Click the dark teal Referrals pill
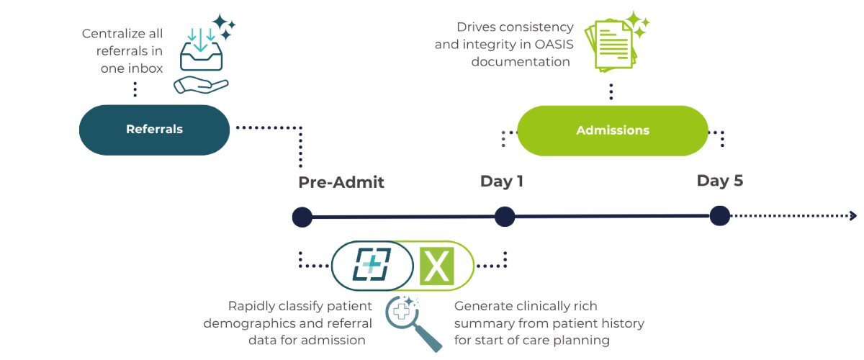[x=154, y=130]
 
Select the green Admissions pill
[x=613, y=130]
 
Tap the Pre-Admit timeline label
[x=341, y=182]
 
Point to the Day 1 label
[x=502, y=181]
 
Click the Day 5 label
[x=719, y=181]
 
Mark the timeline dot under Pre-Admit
[x=302, y=217]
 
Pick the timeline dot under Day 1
[x=505, y=216]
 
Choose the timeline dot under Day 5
[x=719, y=215]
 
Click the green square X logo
[x=436, y=265]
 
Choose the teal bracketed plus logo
[x=371, y=264]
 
